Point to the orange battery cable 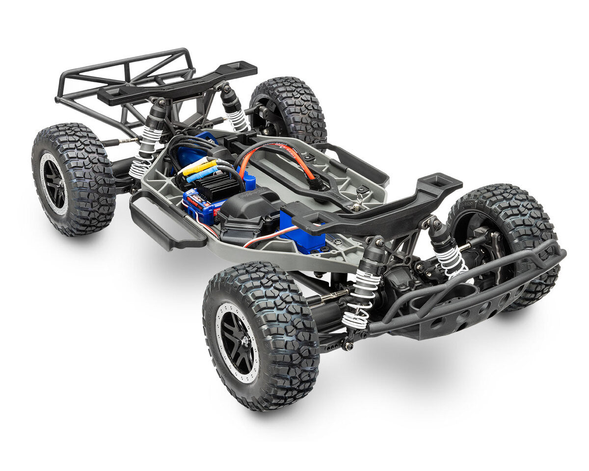294,156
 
